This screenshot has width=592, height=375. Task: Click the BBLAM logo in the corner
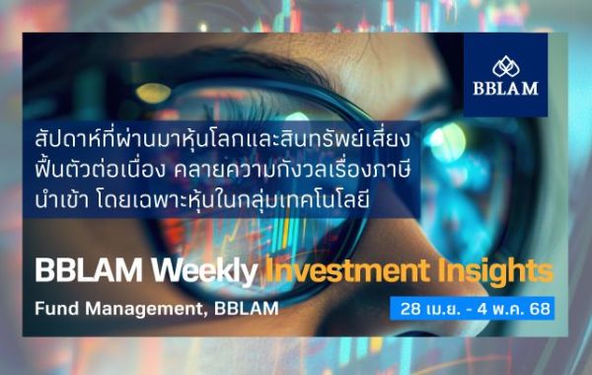click(514, 75)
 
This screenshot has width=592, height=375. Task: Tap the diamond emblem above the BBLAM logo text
click(514, 65)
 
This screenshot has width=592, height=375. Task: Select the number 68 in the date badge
click(541, 308)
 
